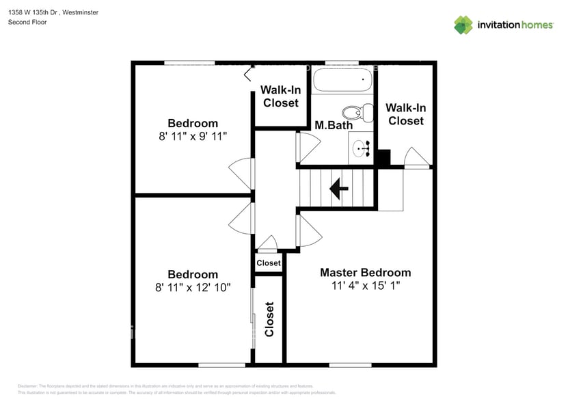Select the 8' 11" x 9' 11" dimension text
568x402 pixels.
pyautogui.click(x=193, y=136)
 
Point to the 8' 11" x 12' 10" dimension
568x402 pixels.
pyautogui.click(x=193, y=288)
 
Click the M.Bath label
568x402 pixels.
pyautogui.click(x=334, y=125)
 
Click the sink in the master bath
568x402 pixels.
pyautogui.click(x=361, y=146)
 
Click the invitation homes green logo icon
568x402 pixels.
pyautogui.click(x=463, y=25)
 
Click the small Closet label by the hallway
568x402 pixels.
pyautogui.click(x=268, y=263)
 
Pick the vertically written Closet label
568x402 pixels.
pyautogui.click(x=269, y=319)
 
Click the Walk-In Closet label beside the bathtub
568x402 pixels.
pyautogui.click(x=281, y=96)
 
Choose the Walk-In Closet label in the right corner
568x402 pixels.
pyautogui.click(x=405, y=114)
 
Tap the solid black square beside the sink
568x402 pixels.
pyautogui.click(x=383, y=158)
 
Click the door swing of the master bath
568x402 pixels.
pyautogui.click(x=308, y=145)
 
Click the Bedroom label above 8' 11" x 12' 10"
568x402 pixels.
pyautogui.click(x=193, y=274)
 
